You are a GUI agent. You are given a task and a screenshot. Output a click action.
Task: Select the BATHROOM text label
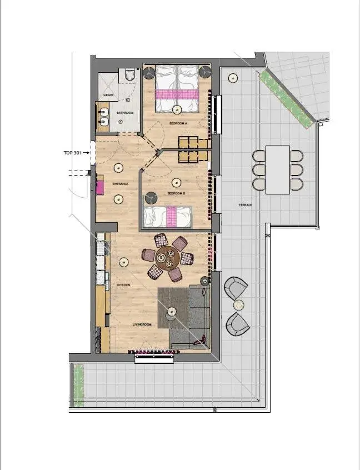[125, 113]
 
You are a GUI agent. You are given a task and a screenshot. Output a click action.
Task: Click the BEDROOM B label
[176, 193]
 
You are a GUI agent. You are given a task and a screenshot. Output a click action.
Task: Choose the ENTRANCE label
[120, 184]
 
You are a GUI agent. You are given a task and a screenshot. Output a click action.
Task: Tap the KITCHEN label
[123, 285]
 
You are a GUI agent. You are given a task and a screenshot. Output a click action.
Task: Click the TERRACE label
[246, 205]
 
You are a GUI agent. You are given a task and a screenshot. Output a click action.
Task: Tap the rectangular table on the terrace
[278, 169]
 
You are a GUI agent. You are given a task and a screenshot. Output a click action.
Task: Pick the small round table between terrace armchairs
[238, 305]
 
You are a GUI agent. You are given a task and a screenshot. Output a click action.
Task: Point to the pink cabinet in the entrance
[100, 187]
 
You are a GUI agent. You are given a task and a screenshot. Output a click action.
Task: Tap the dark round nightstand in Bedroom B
[150, 198]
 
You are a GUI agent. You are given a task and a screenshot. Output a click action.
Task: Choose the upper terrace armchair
[236, 288]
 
